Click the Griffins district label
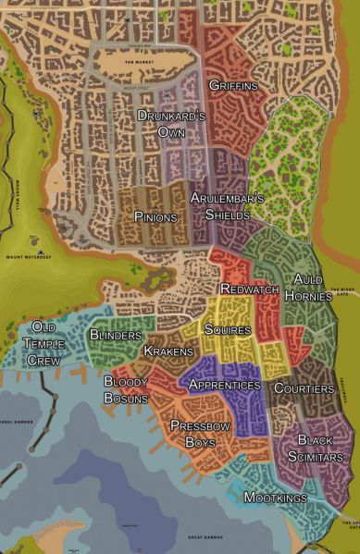coord(233,86)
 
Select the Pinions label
coord(155,215)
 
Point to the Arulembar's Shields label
coord(228,206)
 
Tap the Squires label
coord(227,328)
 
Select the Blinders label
coord(116,334)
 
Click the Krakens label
coord(168,351)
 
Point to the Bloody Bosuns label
coord(126,389)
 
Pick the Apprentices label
coord(223,384)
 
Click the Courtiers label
coord(304,388)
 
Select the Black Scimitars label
coord(320,449)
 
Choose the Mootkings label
coord(275,498)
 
